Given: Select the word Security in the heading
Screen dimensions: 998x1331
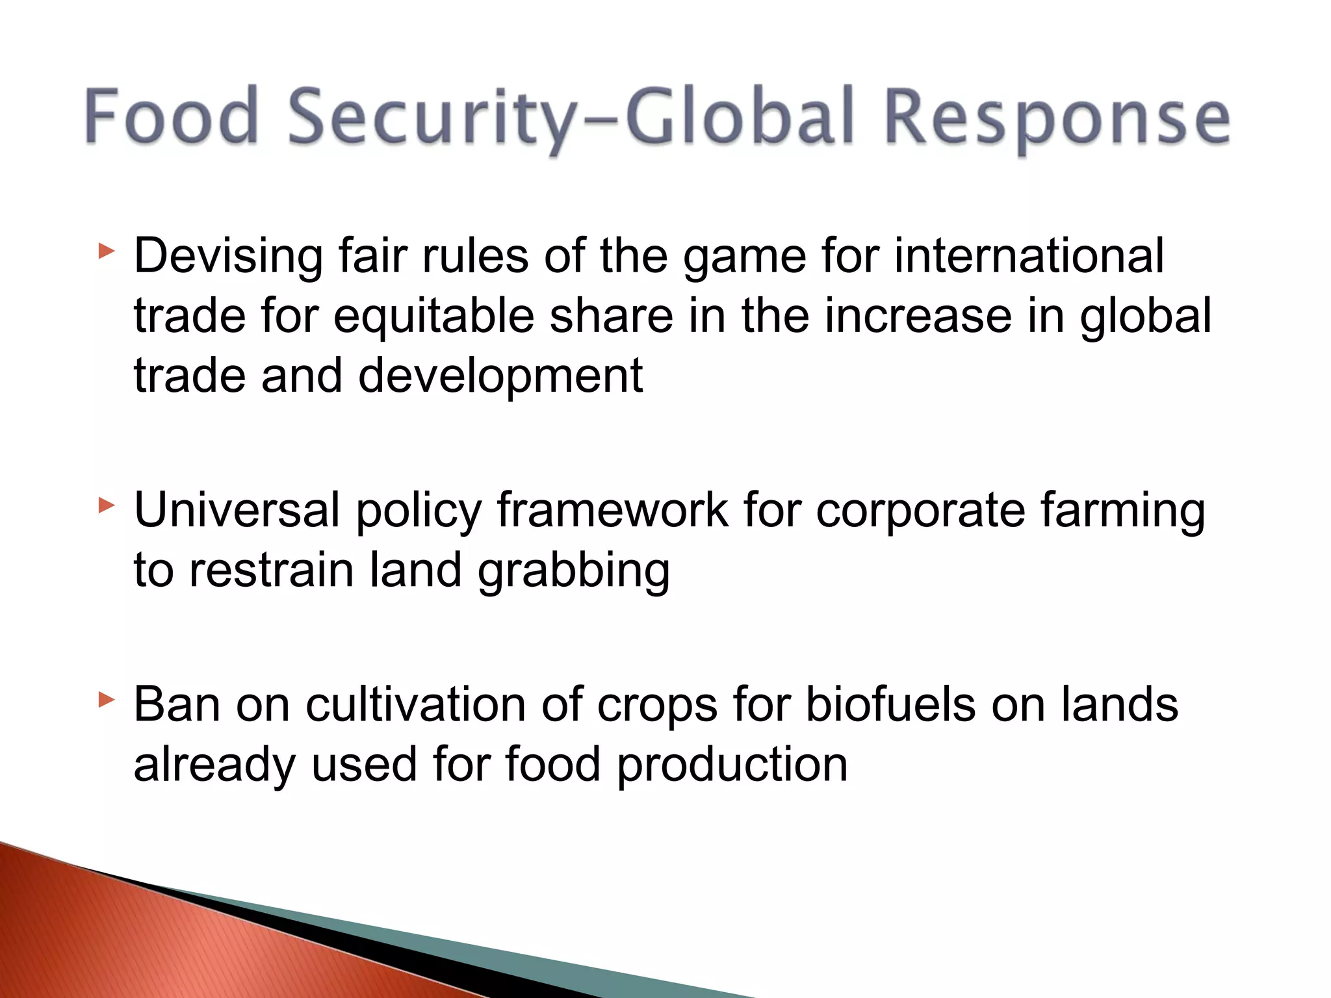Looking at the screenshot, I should tap(430, 118).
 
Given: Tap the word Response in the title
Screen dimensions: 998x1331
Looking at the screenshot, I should tap(1057, 118).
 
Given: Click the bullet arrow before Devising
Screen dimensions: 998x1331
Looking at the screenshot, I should tap(107, 251).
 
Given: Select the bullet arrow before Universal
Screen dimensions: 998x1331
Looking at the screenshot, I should tap(107, 505).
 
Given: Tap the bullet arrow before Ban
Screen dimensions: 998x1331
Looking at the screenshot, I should tap(107, 700).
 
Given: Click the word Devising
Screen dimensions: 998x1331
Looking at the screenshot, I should tap(228, 257).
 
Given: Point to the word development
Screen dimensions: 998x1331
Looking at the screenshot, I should tap(500, 377).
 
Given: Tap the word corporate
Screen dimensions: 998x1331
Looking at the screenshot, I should tap(920, 511).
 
